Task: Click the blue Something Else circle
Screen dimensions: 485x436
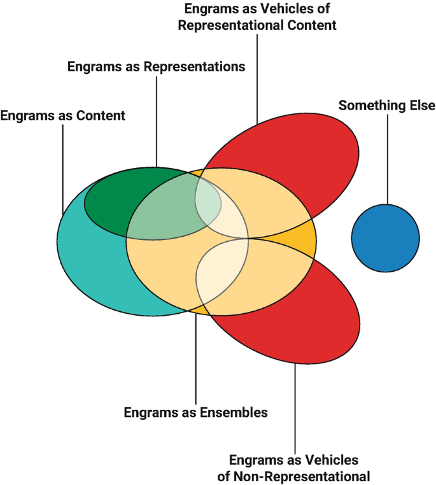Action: [385, 238]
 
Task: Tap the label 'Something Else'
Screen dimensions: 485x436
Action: [386, 105]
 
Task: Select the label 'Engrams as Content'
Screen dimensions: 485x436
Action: [63, 116]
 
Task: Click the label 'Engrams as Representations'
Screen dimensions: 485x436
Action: [156, 66]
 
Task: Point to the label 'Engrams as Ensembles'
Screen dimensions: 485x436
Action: [195, 412]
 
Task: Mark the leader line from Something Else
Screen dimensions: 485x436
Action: [386, 159]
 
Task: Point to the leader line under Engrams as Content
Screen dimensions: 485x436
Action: [62, 165]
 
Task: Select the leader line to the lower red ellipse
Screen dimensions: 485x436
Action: [295, 407]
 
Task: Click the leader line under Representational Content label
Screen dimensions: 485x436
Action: [257, 76]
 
